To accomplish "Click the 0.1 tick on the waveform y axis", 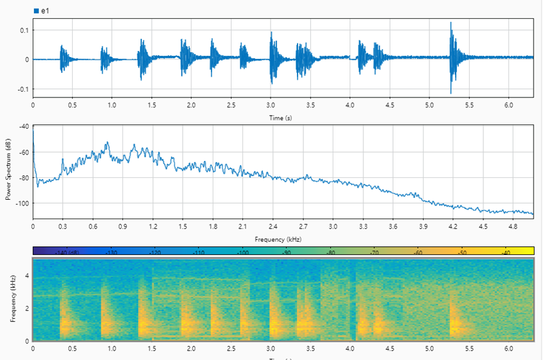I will [x=24, y=30].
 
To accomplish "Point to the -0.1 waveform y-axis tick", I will [x=23, y=89].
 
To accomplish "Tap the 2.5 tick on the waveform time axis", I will [x=230, y=105].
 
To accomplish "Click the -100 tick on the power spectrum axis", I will [x=22, y=204].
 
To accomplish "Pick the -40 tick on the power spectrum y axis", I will [x=24, y=127].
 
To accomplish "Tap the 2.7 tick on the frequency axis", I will [x=303, y=226].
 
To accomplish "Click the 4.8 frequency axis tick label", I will [x=513, y=226].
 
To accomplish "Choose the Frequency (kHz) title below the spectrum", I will [x=279, y=239].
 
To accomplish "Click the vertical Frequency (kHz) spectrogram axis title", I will [x=13, y=299].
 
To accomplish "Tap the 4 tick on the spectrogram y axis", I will [x=26, y=275].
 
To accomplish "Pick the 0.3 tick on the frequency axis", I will [x=63, y=226].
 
